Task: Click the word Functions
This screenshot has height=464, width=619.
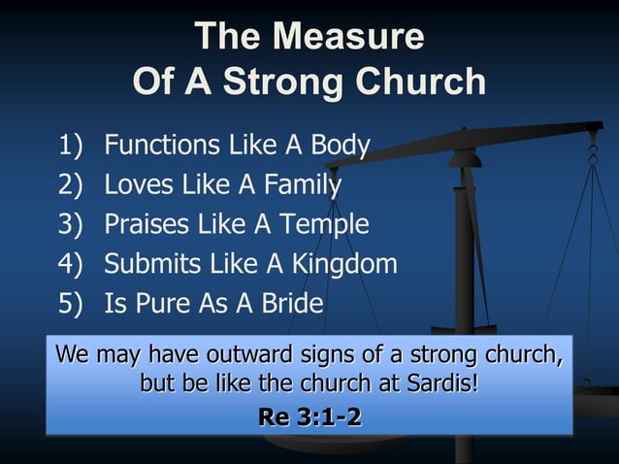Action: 163,147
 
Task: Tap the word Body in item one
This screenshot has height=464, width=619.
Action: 340,147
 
